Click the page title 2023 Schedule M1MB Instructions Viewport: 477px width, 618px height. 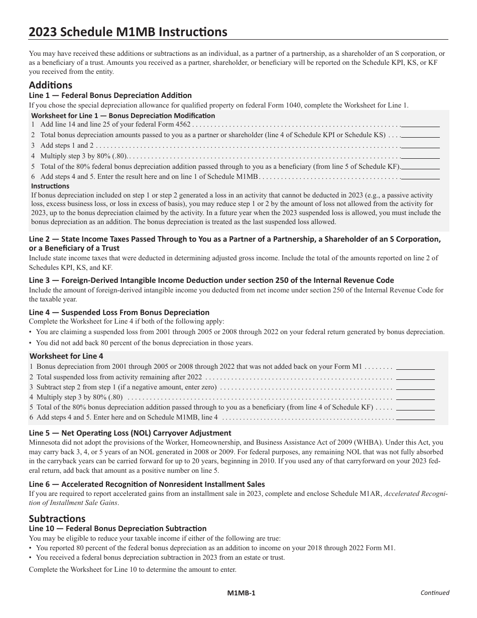pos(128,32)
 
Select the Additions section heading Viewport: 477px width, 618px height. pos(51,85)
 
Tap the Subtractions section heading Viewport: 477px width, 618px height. pos(57,518)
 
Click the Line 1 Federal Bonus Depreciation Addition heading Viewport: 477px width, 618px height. pos(110,95)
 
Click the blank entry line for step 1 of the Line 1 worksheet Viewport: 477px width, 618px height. pos(421,125)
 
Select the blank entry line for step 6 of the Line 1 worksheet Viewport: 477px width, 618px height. pos(421,176)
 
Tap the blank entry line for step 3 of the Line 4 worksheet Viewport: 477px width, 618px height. pos(416,387)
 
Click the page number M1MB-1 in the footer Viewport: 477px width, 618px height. pos(241,593)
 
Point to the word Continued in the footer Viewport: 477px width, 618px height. pos(434,593)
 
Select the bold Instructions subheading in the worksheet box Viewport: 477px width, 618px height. pos(50,186)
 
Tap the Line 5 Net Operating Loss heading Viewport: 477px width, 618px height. pos(130,433)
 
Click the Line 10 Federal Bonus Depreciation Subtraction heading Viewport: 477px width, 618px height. pos(117,528)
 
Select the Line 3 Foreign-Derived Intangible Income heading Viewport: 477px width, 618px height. pos(211,280)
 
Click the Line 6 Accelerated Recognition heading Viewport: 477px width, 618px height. pos(147,484)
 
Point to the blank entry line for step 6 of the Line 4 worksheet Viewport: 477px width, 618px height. pos(416,418)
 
